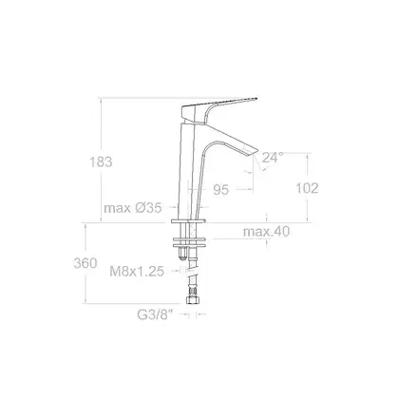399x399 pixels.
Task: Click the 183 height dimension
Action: (101, 161)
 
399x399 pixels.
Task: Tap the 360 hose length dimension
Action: (85, 263)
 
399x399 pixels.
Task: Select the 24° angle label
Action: (273, 157)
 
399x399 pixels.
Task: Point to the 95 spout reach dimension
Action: (220, 190)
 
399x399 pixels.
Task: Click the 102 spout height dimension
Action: (307, 188)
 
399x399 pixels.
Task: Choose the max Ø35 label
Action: (133, 208)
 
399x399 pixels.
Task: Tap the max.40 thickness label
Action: (266, 232)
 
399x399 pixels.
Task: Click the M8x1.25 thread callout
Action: (137, 272)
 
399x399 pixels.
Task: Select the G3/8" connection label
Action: (156, 315)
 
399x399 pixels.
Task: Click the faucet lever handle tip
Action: (256, 99)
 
